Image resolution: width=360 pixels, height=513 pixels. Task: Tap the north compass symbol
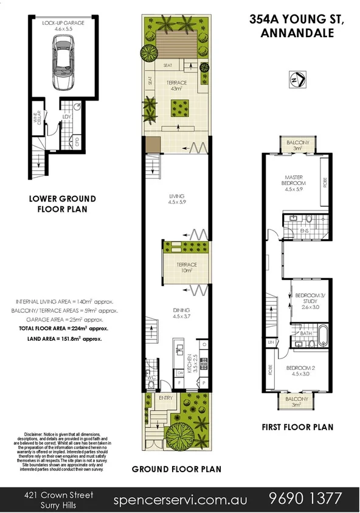[297, 79]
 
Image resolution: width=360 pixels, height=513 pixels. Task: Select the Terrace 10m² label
[187, 267]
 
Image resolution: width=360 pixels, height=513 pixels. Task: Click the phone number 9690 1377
[305, 498]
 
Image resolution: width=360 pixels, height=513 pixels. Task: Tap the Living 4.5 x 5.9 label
[177, 199]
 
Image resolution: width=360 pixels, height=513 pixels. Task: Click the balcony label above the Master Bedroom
[297, 145]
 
